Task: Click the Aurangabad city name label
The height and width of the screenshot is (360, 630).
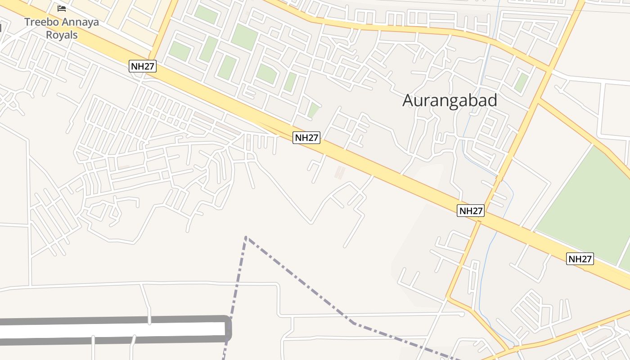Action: click(450, 100)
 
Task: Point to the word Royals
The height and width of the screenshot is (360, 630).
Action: click(62, 35)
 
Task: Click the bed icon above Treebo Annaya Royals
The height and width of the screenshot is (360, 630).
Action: click(62, 9)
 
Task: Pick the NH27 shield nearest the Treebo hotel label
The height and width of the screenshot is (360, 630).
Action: click(143, 67)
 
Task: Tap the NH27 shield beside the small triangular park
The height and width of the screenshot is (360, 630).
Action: click(306, 138)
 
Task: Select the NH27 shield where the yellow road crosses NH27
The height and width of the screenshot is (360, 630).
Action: click(471, 210)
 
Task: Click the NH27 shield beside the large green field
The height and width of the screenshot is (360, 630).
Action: click(580, 259)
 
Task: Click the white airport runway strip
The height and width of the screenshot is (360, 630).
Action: click(112, 329)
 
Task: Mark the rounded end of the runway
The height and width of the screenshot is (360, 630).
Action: click(229, 329)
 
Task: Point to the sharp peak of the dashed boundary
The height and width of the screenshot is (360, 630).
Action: click(246, 236)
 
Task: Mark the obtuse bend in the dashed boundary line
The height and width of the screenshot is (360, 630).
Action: click(353, 322)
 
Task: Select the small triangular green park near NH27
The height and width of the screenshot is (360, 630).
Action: click(313, 110)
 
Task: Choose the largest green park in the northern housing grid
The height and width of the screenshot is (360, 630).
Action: click(244, 37)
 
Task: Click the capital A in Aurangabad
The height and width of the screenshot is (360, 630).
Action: click(408, 100)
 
